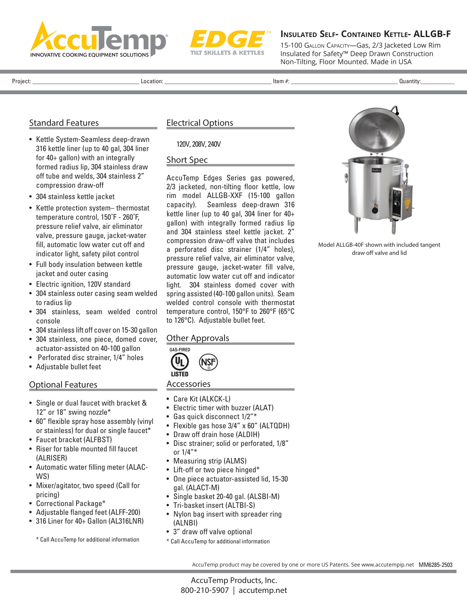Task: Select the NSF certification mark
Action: pyautogui.click(x=208, y=362)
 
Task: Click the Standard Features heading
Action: pyautogui.click(x=64, y=123)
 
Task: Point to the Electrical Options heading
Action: pyautogui.click(x=200, y=123)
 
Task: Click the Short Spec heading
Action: pyautogui.click(x=187, y=160)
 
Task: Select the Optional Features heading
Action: pyautogui.click(x=63, y=385)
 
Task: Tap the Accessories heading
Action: pyautogui.click(x=188, y=384)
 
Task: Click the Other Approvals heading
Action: pyautogui.click(x=198, y=338)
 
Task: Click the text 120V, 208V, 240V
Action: pyautogui.click(x=199, y=144)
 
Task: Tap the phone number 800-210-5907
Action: pyautogui.click(x=204, y=590)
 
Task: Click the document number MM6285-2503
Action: pyautogui.click(x=436, y=565)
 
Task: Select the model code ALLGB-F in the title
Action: pyautogui.click(x=432, y=34)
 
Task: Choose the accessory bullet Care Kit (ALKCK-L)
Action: pyautogui.click(x=201, y=399)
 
